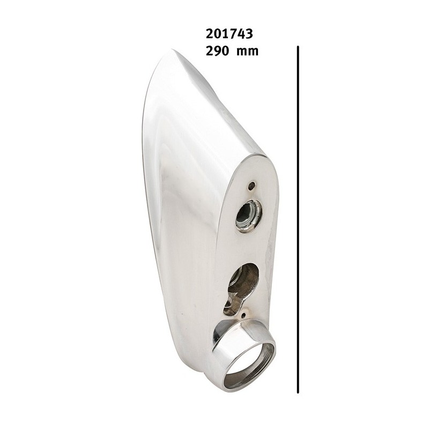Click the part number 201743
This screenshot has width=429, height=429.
pos(230,34)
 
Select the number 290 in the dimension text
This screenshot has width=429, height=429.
pos(217,51)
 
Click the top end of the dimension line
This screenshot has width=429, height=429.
pos(298,46)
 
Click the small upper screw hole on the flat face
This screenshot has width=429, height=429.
pos(250,186)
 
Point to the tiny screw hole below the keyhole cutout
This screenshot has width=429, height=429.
pos(243,316)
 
